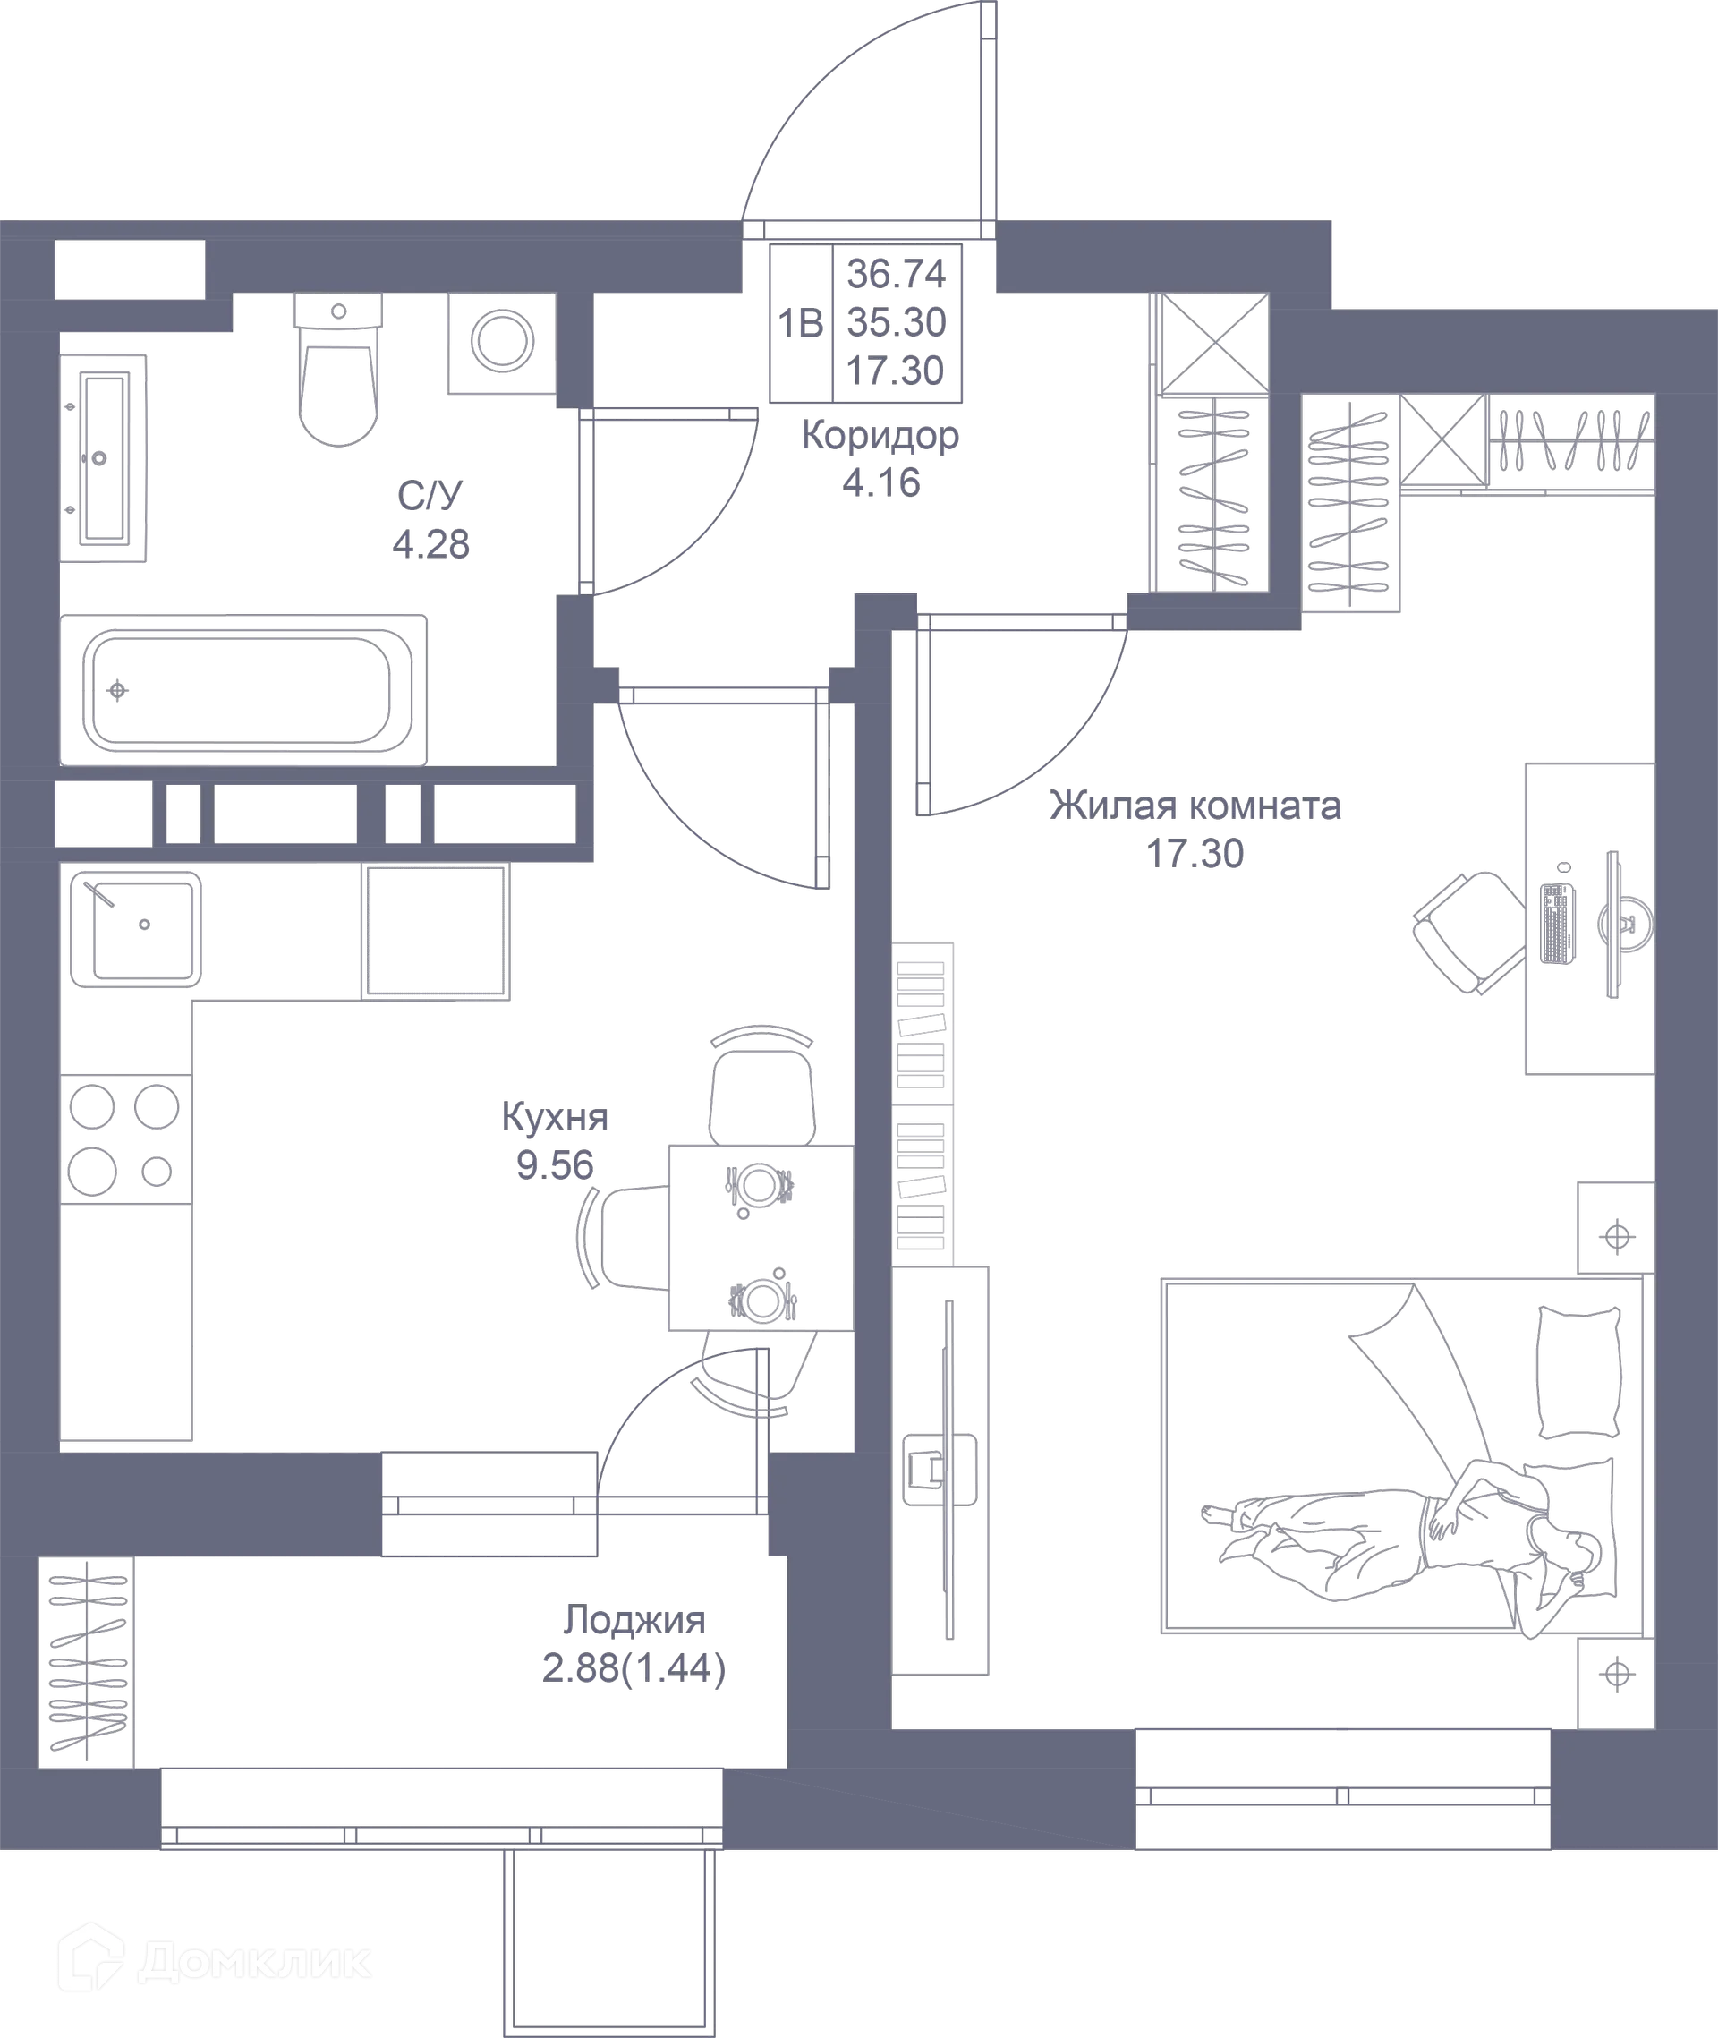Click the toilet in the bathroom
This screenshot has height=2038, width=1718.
338,370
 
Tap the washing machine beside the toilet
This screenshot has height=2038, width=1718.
502,343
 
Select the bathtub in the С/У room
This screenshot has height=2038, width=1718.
243,690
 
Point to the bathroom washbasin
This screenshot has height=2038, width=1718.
103,458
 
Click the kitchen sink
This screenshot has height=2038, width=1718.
135,928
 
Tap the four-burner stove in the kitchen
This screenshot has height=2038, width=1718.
125,1138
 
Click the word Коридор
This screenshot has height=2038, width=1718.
880,437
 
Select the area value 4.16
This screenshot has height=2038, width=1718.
881,483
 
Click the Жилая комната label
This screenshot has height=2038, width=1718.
1195,806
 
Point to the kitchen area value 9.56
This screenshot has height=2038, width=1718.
555,1165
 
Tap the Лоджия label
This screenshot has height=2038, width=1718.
634,1620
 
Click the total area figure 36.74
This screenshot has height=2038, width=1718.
896,274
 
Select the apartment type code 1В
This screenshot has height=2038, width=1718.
801,323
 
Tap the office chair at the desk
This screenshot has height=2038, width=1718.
1468,933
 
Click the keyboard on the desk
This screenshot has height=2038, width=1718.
1557,923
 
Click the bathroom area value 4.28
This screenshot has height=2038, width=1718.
430,544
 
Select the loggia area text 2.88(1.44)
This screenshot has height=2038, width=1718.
634,1670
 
